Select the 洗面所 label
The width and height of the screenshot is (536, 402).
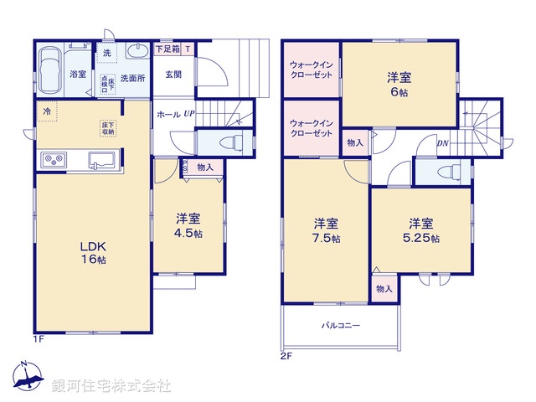click(133, 78)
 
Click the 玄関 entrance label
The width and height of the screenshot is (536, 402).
click(172, 74)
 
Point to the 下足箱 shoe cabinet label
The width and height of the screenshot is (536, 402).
click(167, 49)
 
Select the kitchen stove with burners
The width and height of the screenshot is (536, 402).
click(54, 160)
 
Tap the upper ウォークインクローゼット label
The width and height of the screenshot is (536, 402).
click(312, 70)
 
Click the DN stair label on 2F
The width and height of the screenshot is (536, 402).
click(442, 143)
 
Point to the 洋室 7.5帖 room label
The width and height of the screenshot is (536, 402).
click(326, 230)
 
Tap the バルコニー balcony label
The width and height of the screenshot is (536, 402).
click(340, 325)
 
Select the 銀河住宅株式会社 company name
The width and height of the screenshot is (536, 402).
click(111, 386)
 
